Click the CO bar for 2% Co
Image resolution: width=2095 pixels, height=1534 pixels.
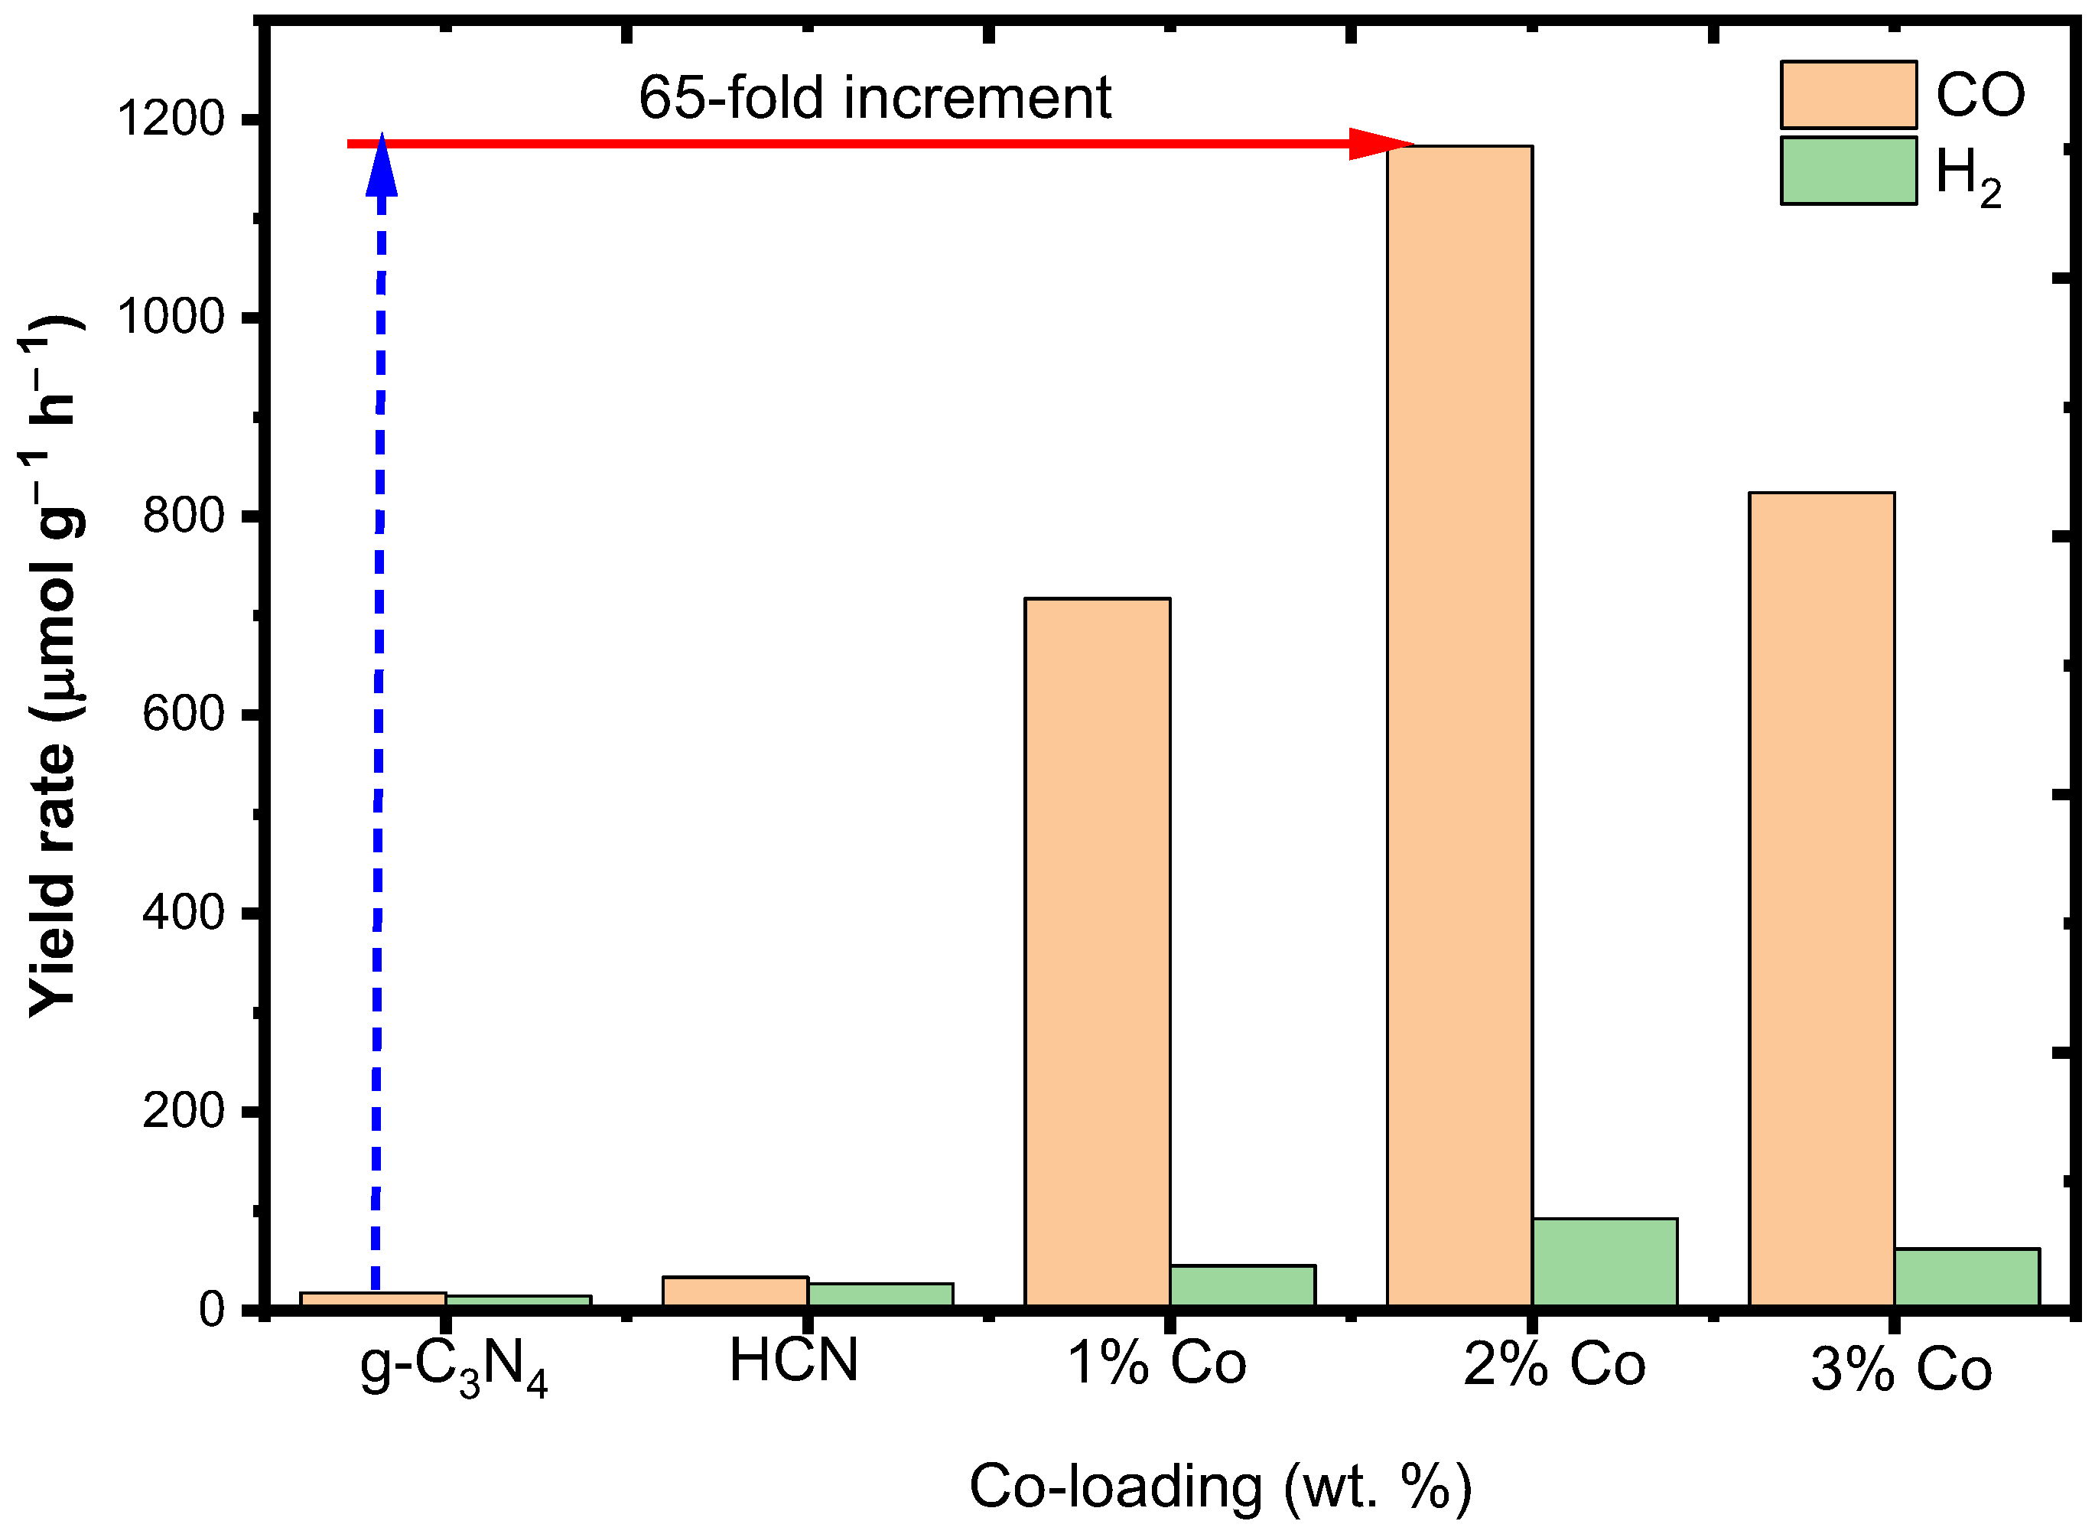[x=1459, y=725]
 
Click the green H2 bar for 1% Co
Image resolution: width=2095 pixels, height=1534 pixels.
[x=1242, y=1285]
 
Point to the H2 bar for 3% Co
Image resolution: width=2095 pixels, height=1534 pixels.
[x=1966, y=1277]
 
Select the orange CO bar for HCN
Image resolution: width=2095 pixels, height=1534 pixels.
[x=735, y=1291]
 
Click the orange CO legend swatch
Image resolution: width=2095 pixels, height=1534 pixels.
[x=1848, y=95]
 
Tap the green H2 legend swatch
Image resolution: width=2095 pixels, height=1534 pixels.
[x=1848, y=171]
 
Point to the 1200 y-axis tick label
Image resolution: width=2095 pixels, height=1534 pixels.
[x=171, y=119]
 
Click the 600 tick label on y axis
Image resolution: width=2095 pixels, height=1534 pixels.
[x=184, y=714]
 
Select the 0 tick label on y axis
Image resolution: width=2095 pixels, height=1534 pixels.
[x=212, y=1309]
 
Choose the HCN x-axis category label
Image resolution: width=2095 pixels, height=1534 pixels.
[x=794, y=1360]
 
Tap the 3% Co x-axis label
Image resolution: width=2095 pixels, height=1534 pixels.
[x=1901, y=1370]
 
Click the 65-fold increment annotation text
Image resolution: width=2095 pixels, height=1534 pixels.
[x=874, y=96]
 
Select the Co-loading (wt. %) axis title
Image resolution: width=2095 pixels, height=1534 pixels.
[x=1220, y=1486]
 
